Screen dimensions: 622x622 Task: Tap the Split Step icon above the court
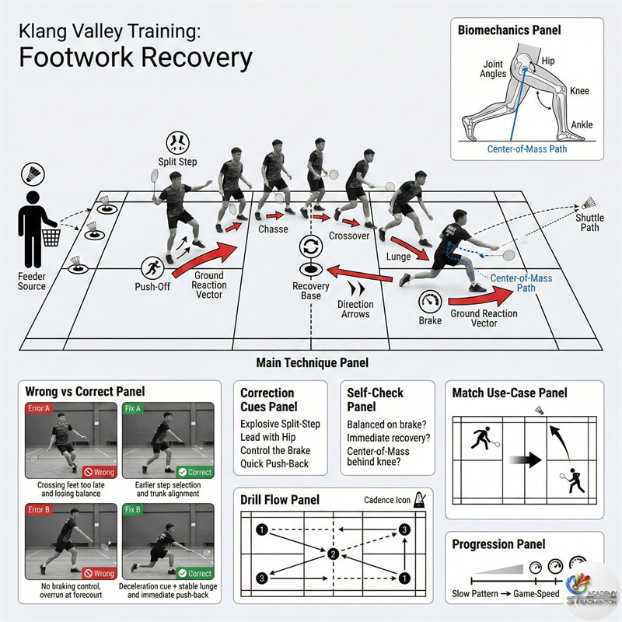[178, 143]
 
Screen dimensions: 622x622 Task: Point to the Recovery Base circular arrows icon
[310, 247]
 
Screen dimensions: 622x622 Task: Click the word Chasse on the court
[272, 229]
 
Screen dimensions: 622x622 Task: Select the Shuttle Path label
[590, 222]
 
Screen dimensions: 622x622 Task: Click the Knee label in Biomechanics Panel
[579, 91]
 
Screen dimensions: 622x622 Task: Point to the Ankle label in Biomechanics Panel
[582, 124]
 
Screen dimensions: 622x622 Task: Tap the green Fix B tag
[135, 510]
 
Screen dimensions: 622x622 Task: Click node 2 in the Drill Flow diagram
[332, 554]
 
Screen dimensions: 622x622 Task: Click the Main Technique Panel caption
[311, 362]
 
